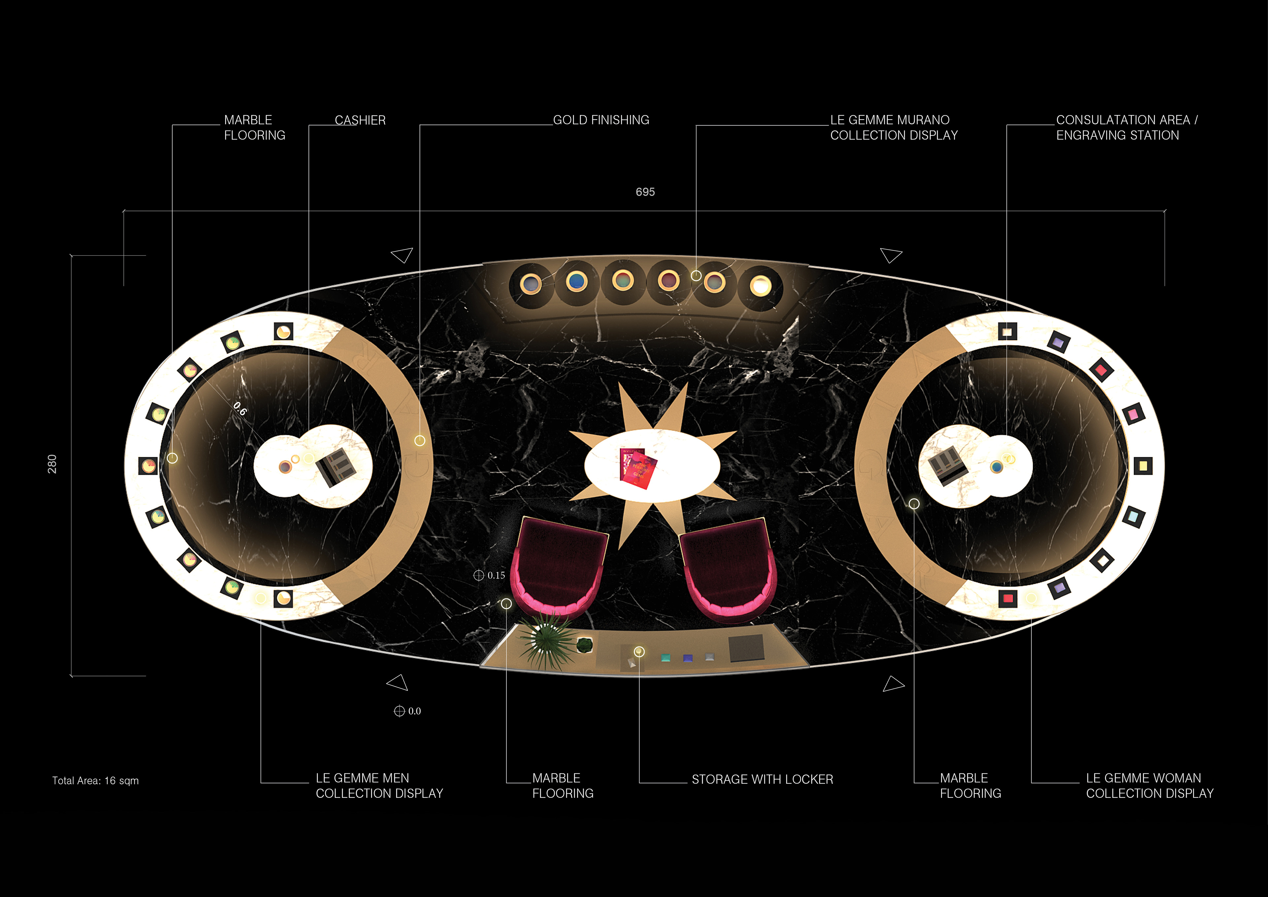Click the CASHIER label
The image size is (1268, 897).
360,121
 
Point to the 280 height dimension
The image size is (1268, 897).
52,464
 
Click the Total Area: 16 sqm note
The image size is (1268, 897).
95,780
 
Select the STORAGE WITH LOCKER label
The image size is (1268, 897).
762,779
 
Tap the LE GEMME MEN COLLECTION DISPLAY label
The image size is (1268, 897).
379,785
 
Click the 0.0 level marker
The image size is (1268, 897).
407,711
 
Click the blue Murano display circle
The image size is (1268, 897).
577,282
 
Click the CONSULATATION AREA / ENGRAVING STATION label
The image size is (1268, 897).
1127,128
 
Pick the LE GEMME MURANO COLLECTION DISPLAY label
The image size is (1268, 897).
894,128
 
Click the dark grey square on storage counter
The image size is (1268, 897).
747,648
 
